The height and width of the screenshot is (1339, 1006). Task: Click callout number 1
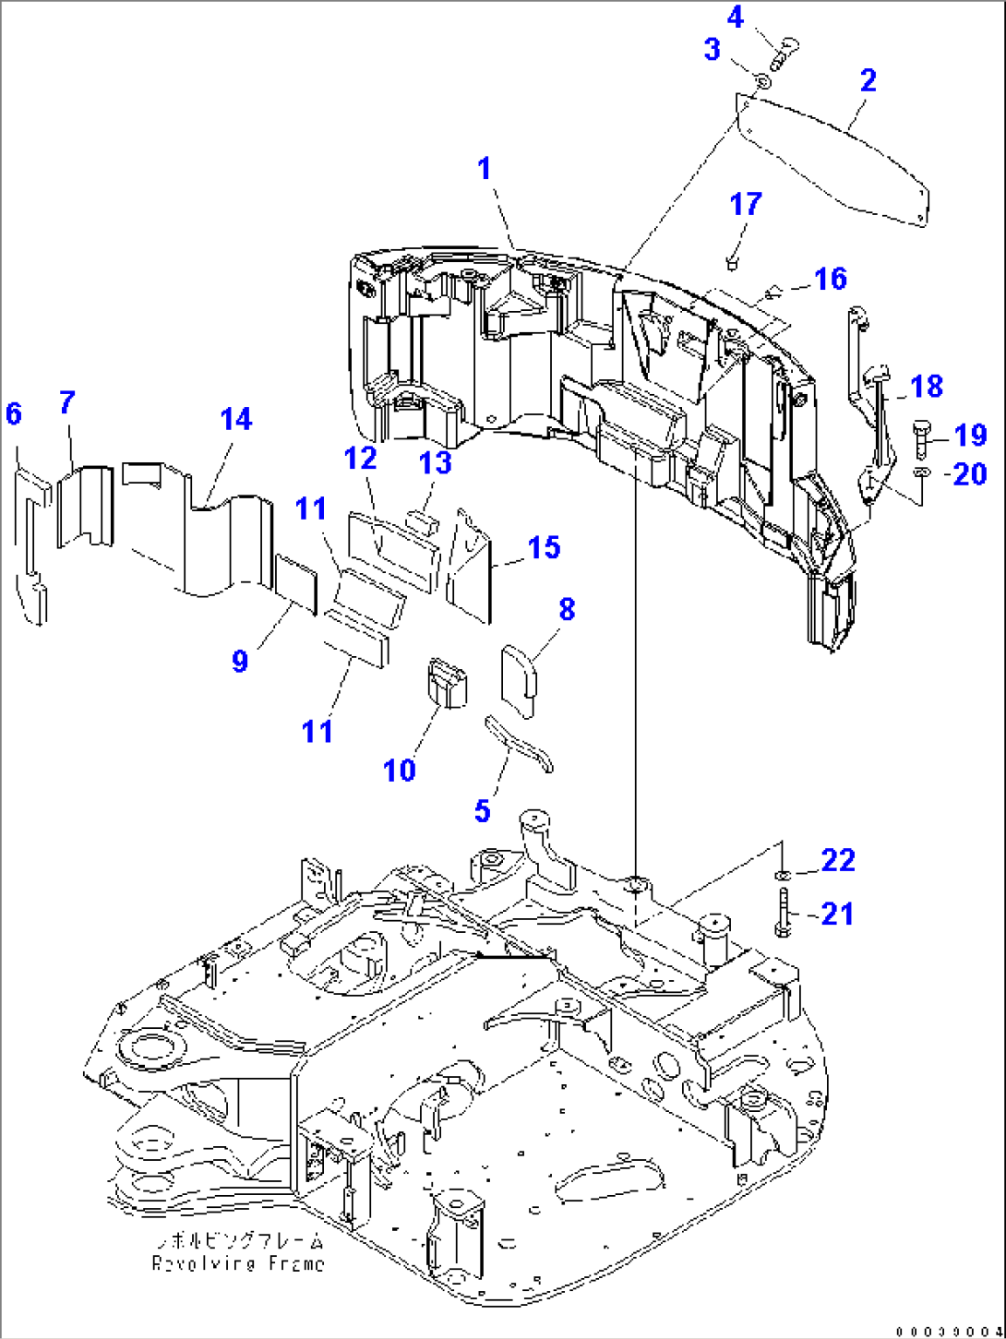485,169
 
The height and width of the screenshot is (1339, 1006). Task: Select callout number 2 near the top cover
868,80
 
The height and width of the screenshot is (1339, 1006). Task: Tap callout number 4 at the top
736,18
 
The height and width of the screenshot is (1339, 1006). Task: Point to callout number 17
746,204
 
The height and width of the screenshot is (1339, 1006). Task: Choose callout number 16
831,279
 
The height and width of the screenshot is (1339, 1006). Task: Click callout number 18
927,387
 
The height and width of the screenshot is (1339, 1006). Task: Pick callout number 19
970,435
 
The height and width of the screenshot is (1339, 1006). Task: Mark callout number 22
838,860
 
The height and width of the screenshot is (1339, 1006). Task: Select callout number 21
837,914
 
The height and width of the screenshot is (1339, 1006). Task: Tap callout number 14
236,419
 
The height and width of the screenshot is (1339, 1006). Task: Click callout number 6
13,413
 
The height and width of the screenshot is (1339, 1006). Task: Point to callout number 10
400,770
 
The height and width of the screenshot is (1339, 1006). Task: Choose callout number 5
482,811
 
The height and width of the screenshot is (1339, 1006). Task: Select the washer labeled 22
782,873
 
